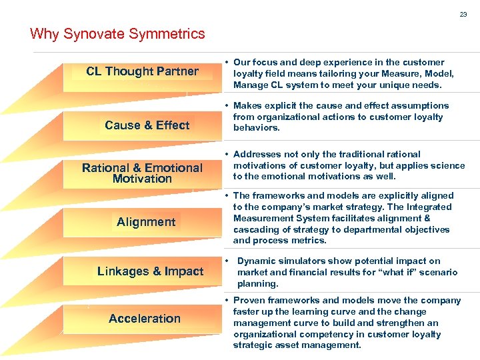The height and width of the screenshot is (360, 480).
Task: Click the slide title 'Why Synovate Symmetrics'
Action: [x=117, y=33]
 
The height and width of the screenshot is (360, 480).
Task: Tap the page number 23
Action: [x=463, y=14]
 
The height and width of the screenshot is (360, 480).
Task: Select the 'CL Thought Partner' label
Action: [x=142, y=71]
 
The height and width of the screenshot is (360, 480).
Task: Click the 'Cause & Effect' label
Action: [x=147, y=125]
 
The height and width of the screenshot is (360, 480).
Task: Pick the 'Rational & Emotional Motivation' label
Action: [x=142, y=173]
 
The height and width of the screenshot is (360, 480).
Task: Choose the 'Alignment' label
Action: [x=146, y=222]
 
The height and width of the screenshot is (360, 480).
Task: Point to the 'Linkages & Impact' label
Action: [x=150, y=271]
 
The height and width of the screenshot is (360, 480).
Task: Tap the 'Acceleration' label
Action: [x=145, y=319]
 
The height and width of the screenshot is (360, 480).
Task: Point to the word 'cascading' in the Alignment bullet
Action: [x=255, y=229]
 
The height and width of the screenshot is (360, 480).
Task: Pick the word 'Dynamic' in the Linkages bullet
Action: [x=256, y=261]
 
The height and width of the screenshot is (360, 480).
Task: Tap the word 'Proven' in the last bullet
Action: [x=249, y=300]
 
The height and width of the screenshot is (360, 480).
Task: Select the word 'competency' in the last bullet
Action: [x=321, y=334]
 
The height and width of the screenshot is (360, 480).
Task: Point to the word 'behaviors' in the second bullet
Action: [x=256, y=128]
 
